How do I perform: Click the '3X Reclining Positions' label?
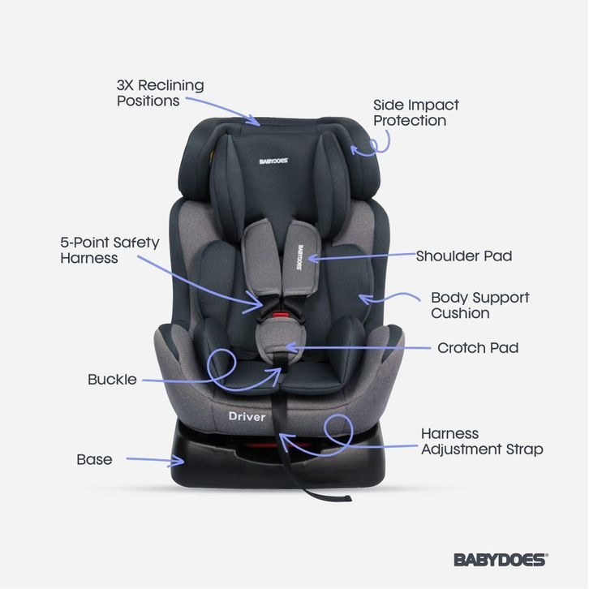tap(160, 92)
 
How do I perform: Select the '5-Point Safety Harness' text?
tap(110, 250)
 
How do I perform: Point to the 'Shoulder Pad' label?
tap(463, 256)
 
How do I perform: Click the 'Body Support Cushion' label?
tap(479, 305)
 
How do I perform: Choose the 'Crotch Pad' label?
tap(477, 348)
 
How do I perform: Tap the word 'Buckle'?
tap(112, 380)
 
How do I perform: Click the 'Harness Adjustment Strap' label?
tap(481, 441)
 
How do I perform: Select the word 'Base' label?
tap(94, 459)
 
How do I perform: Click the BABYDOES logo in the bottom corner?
tap(500, 559)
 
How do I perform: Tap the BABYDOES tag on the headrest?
tap(273, 161)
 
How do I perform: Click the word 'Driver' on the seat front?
tap(247, 416)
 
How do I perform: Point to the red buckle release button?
tap(278, 312)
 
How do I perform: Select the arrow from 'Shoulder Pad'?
tap(357, 256)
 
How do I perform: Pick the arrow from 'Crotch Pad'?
tap(357, 348)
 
